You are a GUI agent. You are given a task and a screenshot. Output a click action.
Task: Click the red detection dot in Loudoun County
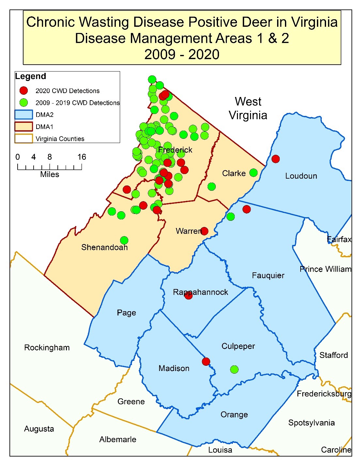coord(275,159)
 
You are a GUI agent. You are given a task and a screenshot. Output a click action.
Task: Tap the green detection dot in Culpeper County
coord(234,369)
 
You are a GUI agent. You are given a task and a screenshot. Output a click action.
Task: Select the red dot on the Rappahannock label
coord(188,296)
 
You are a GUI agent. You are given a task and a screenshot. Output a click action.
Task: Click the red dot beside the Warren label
coord(204,231)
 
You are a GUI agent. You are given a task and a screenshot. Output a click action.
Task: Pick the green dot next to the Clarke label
coord(253,173)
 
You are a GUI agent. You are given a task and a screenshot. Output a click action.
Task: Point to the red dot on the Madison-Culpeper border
coord(206,362)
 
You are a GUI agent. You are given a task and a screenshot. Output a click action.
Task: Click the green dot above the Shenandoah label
coord(124,240)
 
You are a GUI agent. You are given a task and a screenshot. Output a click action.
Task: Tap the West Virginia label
coord(248,108)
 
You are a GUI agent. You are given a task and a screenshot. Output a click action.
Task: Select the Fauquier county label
coord(268,276)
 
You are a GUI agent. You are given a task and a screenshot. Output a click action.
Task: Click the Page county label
coord(126,313)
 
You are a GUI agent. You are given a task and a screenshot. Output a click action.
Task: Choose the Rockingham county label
coord(47,347)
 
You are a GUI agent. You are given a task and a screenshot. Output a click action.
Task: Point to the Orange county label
coord(234,415)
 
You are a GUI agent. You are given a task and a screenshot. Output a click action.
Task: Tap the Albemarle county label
coord(117,440)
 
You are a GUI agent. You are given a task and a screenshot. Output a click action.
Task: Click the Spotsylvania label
coord(311,423)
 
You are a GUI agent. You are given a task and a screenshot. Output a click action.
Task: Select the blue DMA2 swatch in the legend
coord(23,115)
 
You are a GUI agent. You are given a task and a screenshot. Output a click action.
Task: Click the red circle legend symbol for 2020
coord(23,91)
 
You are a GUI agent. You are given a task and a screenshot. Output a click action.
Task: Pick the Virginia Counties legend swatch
coord(23,138)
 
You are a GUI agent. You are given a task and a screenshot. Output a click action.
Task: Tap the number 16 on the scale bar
coord(82,157)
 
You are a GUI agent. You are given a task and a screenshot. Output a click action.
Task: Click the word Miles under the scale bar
coord(50,174)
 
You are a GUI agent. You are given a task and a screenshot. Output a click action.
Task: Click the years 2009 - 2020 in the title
coord(182,55)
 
